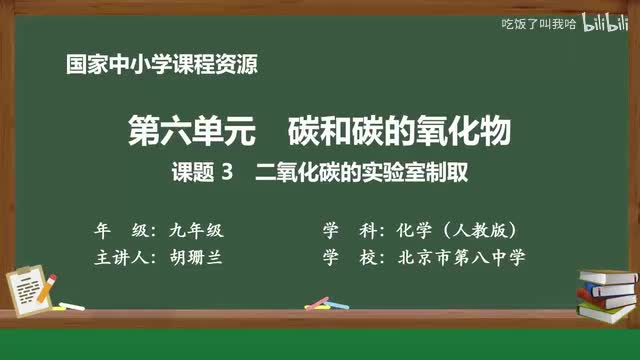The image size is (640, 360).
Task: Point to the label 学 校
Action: tap(345, 257)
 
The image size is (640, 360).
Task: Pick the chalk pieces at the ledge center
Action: tap(318, 302)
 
